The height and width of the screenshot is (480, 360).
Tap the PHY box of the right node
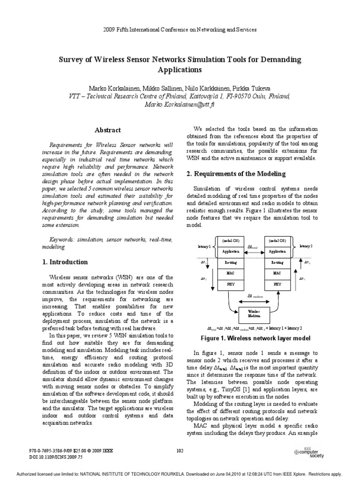click(277, 284)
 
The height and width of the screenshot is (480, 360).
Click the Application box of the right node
click(277, 251)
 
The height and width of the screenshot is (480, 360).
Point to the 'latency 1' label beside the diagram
click(205, 246)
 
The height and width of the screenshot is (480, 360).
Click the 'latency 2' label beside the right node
click(305, 246)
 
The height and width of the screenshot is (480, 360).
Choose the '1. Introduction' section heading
click(64, 262)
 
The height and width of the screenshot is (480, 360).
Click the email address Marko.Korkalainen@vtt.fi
click(180, 105)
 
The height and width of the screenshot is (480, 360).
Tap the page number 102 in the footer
click(180, 450)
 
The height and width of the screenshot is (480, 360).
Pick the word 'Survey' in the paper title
click(70, 60)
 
